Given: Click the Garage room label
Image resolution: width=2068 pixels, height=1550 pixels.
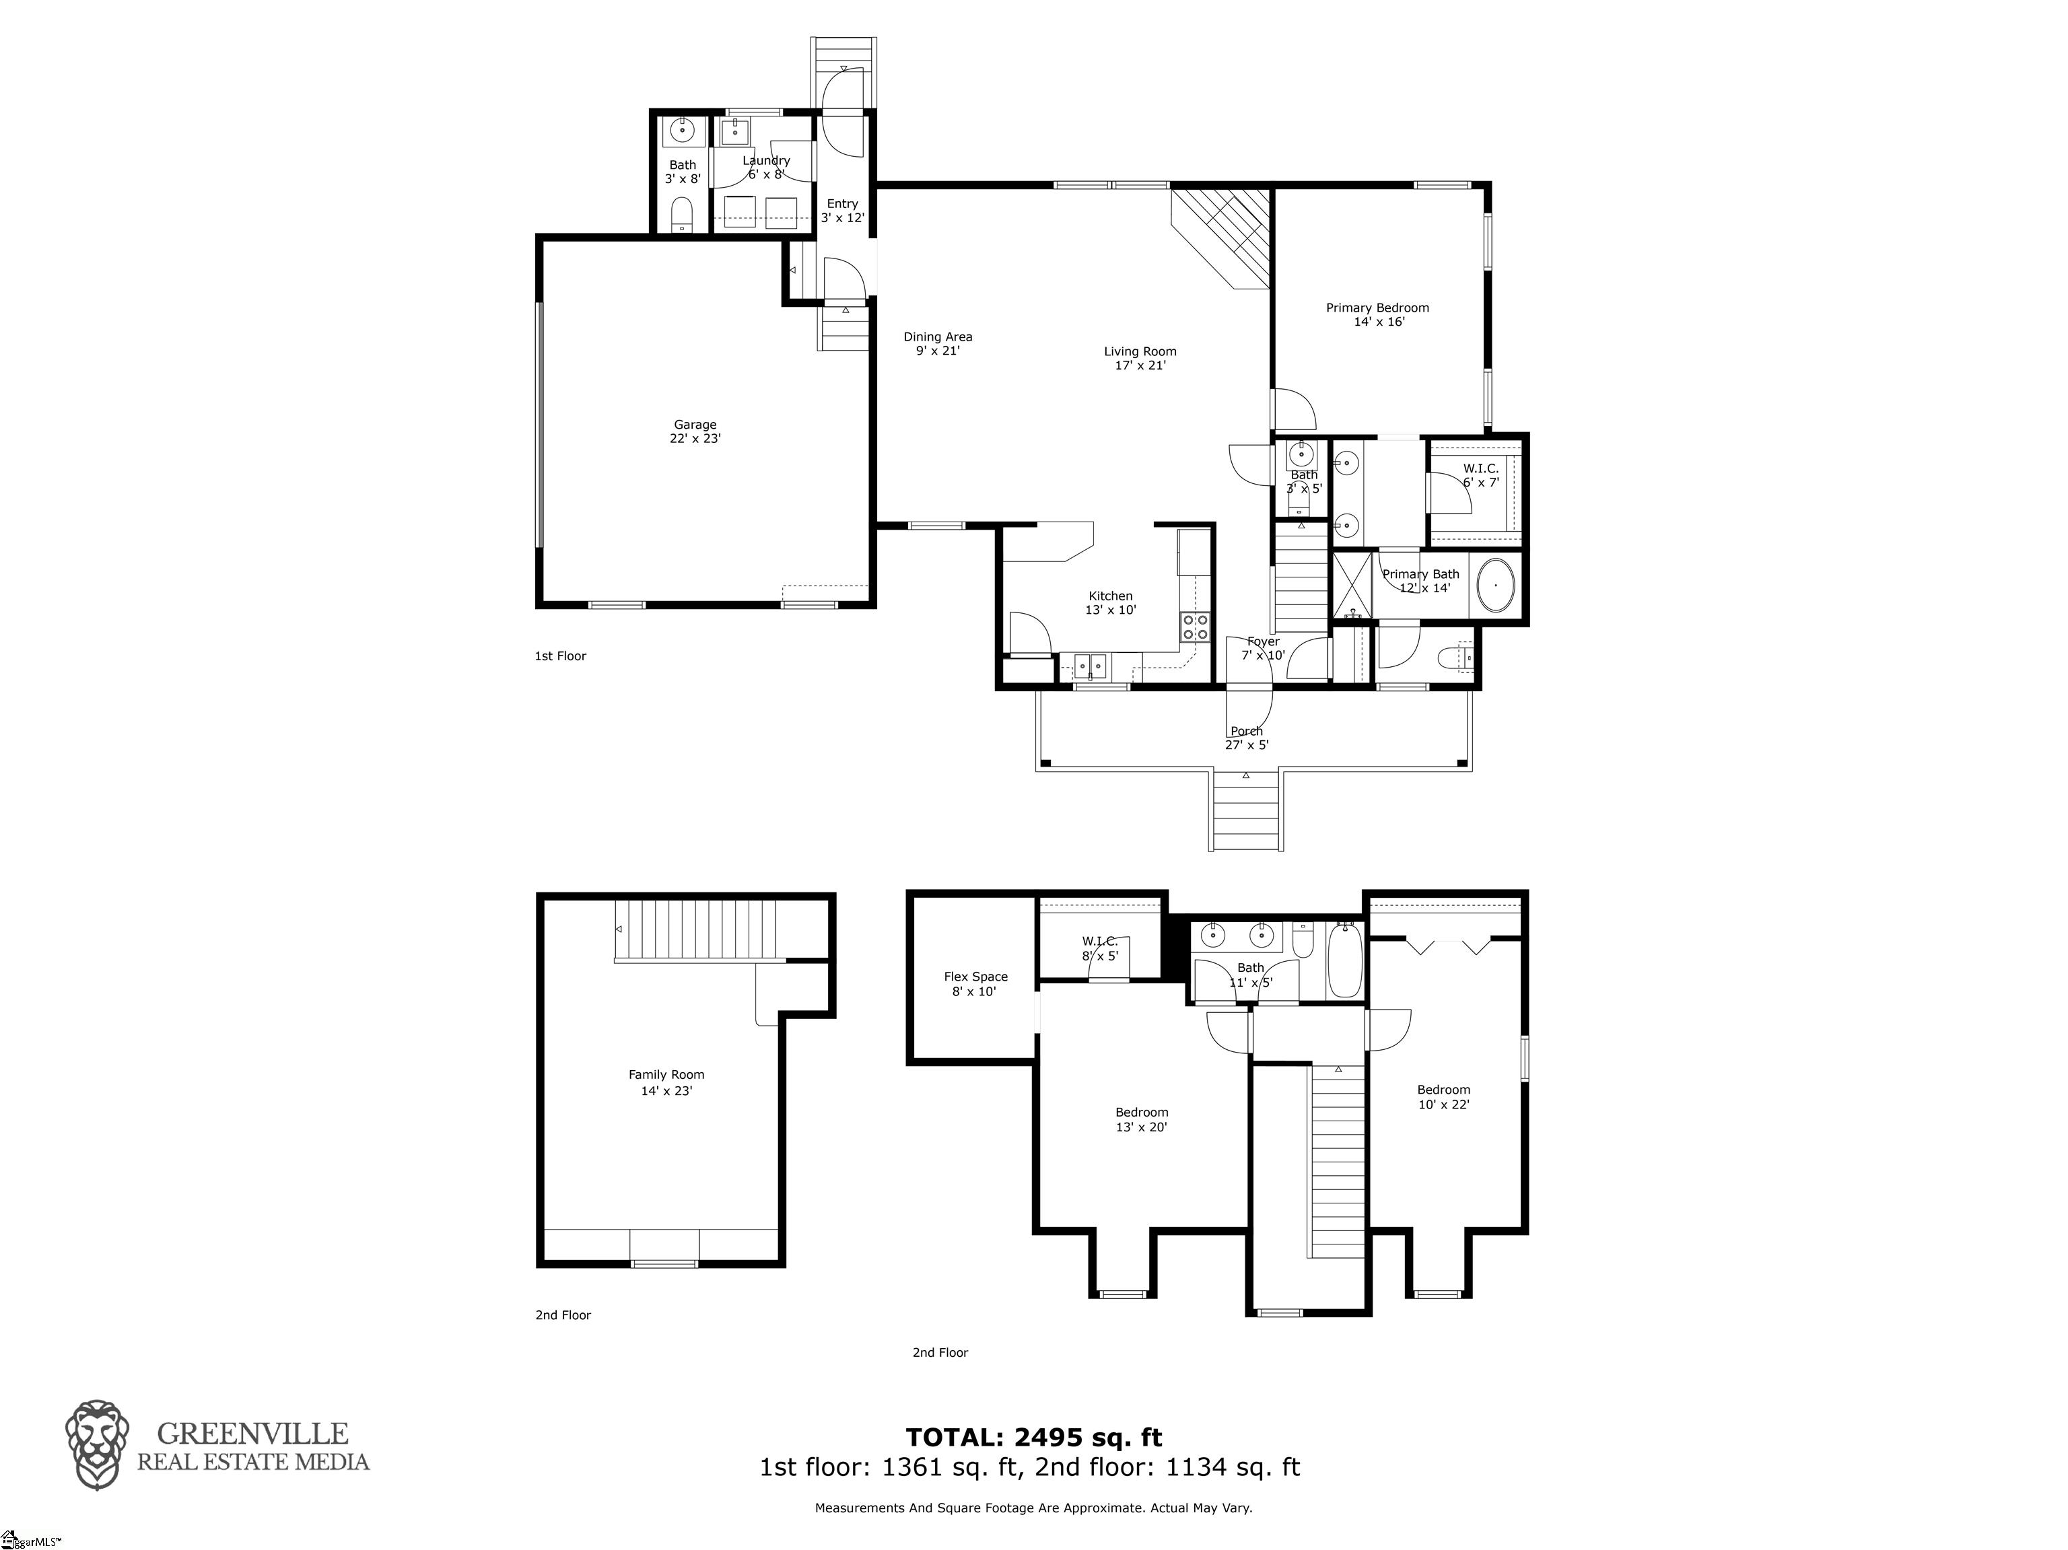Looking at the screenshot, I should (x=695, y=431).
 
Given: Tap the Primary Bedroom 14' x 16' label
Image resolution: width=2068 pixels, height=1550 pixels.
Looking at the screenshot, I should (x=1377, y=314).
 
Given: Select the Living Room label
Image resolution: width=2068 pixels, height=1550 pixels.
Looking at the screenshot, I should (x=1140, y=358).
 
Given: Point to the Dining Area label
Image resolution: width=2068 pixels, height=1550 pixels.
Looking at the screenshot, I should (x=937, y=343).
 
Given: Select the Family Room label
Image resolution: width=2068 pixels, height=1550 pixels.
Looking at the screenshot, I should (x=666, y=1082).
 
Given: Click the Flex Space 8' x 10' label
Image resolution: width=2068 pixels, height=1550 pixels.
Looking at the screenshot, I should (x=975, y=983).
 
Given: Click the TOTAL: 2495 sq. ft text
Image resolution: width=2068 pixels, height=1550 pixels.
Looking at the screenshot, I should (x=1033, y=1437).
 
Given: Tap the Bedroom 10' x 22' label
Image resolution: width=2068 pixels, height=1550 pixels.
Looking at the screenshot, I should (x=1443, y=1096).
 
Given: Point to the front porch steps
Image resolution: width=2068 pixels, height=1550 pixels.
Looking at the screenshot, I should (x=1247, y=812).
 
